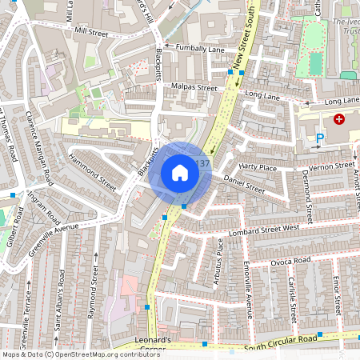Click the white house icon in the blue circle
[180, 172]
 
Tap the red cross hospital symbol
[339, 119]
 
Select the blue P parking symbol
[320, 139]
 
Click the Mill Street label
[90, 32]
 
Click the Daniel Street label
[243, 185]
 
